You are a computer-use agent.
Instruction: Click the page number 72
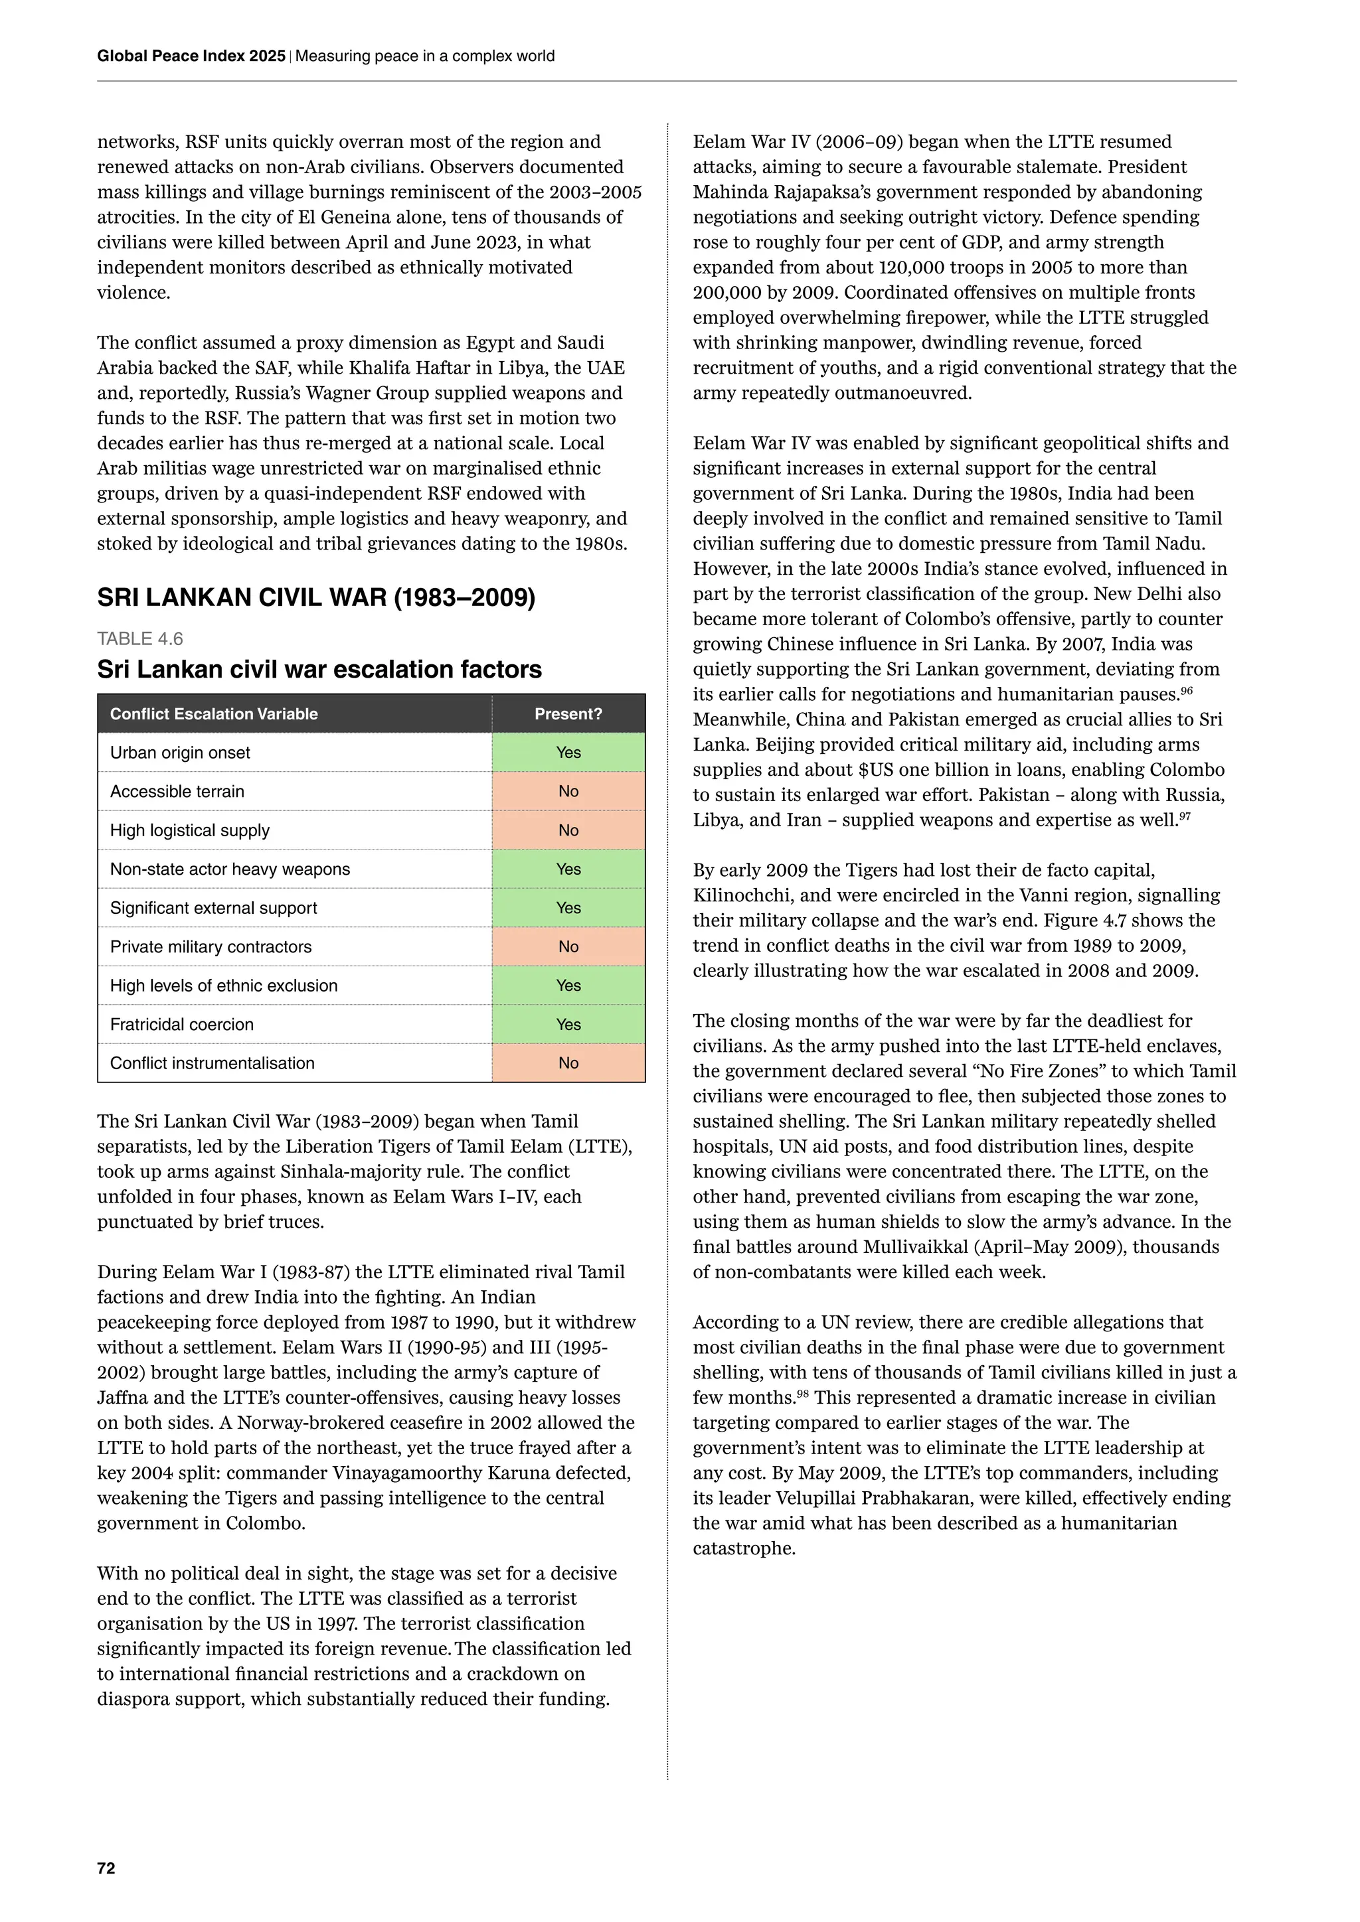[106, 1868]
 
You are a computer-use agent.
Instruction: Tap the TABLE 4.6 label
[140, 638]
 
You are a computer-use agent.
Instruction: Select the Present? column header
[568, 714]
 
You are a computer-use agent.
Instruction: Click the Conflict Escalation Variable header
[214, 714]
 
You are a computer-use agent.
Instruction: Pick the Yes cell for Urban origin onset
[568, 753]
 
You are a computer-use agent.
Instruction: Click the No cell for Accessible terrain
[568, 791]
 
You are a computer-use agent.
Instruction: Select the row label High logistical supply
[189, 830]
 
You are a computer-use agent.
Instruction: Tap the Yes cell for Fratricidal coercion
[568, 1025]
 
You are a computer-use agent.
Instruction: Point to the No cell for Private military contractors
[568, 947]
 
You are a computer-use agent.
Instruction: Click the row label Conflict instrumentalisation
[212, 1063]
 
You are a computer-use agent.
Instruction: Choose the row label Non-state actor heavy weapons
[230, 869]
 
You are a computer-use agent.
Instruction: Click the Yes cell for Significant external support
[568, 909]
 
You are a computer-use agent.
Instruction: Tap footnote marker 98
[802, 1394]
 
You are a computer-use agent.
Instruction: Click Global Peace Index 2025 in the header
[191, 56]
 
